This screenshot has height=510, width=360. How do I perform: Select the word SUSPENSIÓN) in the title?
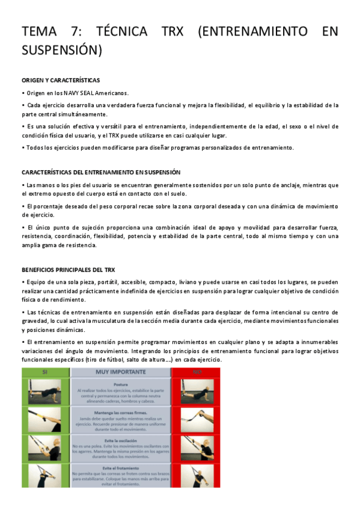tap(62, 50)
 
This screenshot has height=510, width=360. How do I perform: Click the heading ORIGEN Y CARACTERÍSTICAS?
tap(60, 80)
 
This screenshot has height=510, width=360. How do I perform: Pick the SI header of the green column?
tap(45, 372)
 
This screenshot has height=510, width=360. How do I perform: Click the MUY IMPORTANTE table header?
tap(121, 372)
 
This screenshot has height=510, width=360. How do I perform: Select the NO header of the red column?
tap(196, 372)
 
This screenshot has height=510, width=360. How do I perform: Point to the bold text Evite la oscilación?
tap(121, 440)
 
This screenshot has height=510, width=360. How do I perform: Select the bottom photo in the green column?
tap(45, 476)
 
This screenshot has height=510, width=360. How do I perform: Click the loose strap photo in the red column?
tap(196, 419)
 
